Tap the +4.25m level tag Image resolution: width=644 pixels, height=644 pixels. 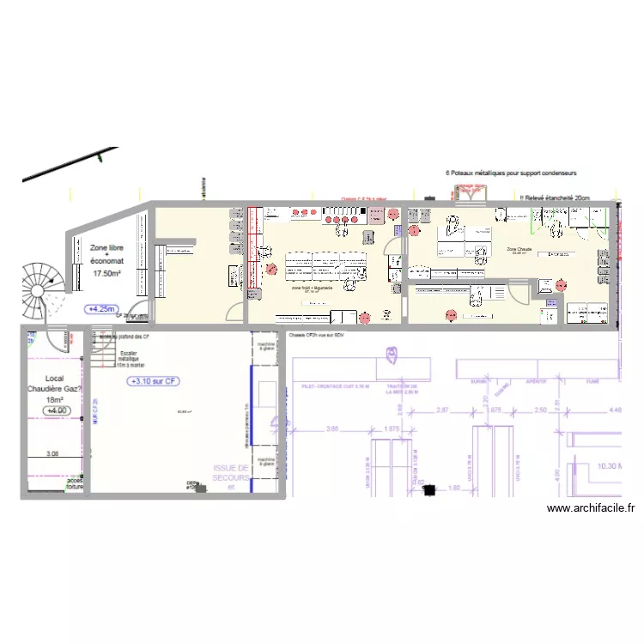click(102, 308)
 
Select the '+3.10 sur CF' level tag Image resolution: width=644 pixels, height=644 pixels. click(154, 381)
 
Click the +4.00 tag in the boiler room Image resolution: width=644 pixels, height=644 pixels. click(57, 410)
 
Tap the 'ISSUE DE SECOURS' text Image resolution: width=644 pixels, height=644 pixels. click(230, 473)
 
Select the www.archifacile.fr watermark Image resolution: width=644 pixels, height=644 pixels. click(591, 508)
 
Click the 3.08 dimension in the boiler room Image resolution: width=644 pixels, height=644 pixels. click(52, 454)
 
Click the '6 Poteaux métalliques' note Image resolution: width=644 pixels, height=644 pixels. click(512, 172)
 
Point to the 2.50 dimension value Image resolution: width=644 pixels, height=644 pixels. click(540, 411)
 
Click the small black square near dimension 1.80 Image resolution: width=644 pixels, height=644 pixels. click(428, 490)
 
